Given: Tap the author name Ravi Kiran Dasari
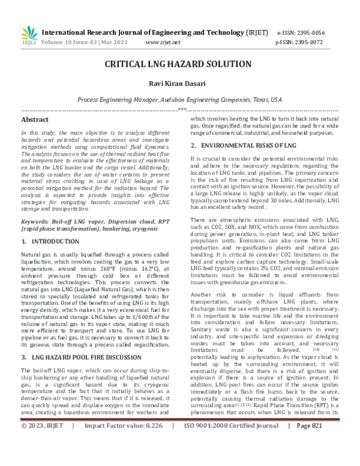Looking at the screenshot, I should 179,84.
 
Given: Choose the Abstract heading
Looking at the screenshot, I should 35,120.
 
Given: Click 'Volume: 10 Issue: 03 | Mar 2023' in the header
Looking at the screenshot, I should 88,43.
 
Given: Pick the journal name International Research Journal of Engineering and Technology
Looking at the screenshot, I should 152,34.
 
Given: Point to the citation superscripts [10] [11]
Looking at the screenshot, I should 328,332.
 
